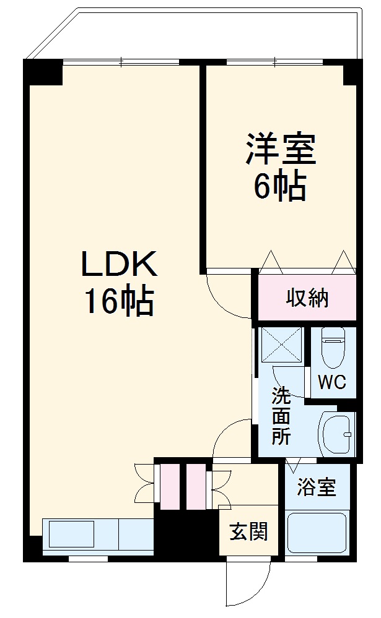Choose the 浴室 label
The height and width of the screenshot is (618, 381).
point(316,487)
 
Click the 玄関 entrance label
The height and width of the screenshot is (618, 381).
point(249,531)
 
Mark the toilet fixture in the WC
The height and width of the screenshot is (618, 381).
point(333,350)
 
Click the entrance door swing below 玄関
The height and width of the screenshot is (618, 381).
point(239,585)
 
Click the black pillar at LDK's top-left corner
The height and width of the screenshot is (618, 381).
point(43,72)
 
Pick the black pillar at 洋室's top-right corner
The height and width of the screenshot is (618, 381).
point(352,72)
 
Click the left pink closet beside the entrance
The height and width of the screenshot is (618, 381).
point(169,486)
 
